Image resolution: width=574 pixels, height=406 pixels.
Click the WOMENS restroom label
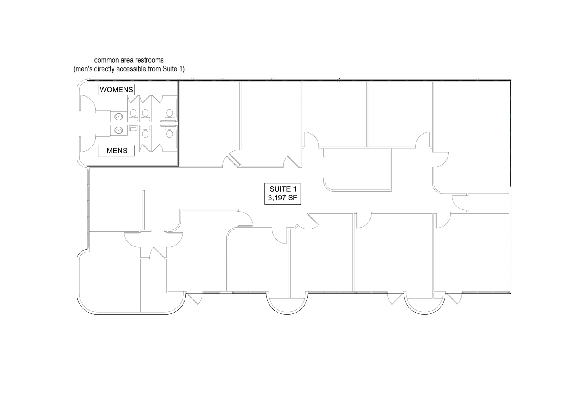tap(116, 90)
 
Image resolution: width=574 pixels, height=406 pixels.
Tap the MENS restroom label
tap(117, 151)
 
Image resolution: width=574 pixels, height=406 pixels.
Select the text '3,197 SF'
tap(282, 198)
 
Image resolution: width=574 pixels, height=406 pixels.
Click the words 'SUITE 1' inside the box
tap(283, 189)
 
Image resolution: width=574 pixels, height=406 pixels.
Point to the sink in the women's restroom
tap(119, 117)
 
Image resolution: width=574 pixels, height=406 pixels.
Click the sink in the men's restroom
tap(119, 130)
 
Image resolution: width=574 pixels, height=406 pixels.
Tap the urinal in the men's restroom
tap(133, 129)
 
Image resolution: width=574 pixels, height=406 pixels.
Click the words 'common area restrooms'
tap(129, 60)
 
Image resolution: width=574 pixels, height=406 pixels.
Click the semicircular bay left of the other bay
tap(287, 306)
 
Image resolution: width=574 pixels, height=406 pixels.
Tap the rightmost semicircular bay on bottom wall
tap(424, 306)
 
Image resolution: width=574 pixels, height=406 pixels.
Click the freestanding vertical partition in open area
tap(144, 210)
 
